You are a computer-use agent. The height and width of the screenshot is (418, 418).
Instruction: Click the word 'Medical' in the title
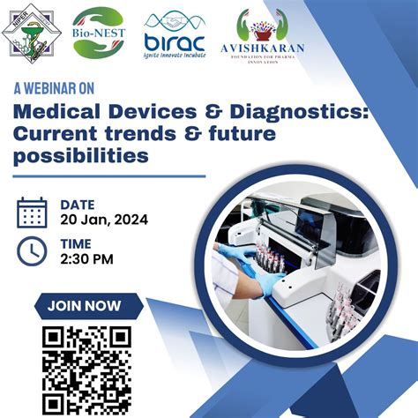click(54, 113)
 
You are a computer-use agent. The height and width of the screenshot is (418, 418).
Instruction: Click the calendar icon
click(32, 213)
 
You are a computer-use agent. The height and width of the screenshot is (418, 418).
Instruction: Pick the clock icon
click(32, 251)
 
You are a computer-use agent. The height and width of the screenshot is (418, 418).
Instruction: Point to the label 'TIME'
click(75, 243)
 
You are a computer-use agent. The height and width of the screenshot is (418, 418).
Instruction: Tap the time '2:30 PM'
click(86, 259)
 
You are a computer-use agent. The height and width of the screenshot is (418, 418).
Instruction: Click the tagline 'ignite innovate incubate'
click(174, 54)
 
